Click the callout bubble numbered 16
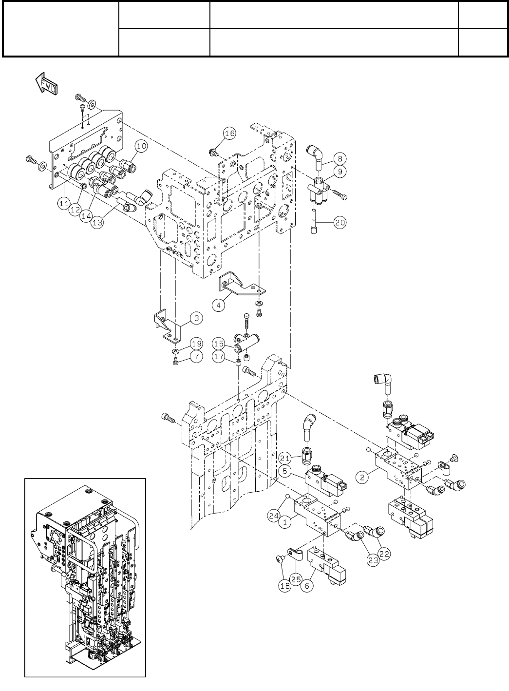point(230,133)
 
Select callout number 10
point(141,145)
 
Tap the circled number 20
point(340,222)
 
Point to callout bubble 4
point(219,305)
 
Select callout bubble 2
point(362,478)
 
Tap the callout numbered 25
point(295,579)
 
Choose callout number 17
point(219,357)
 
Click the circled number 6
point(306,587)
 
